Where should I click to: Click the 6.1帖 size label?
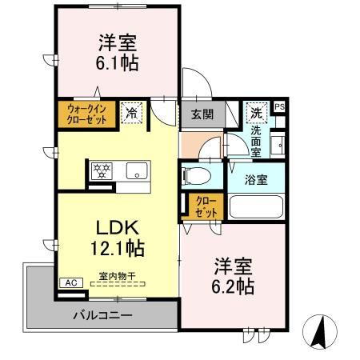(x=118, y=62)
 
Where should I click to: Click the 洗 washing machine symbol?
(x=256, y=111)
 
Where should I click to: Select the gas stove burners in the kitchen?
(x=102, y=170)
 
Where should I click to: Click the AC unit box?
(x=70, y=282)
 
